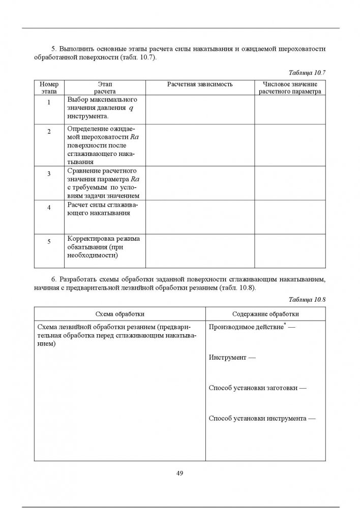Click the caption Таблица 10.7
pos(307,73)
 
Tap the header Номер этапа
pos(49,87)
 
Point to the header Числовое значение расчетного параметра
pos(290,87)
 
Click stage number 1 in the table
pos(49,103)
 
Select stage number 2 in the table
pos(49,132)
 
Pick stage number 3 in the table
pos(49,174)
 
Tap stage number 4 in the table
pos(49,208)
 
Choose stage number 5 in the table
pos(49,241)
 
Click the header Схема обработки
pos(119,314)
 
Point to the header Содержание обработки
pos(265,314)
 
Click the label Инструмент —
pos(232,358)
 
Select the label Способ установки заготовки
pos(257,388)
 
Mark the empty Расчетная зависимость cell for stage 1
pos(200,110)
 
